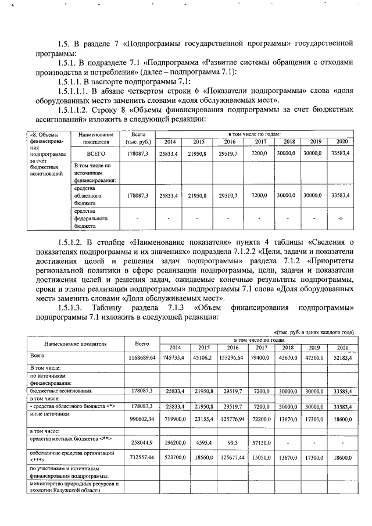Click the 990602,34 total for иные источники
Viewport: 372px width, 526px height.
click(x=142, y=419)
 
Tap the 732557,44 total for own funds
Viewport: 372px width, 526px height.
click(x=142, y=458)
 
